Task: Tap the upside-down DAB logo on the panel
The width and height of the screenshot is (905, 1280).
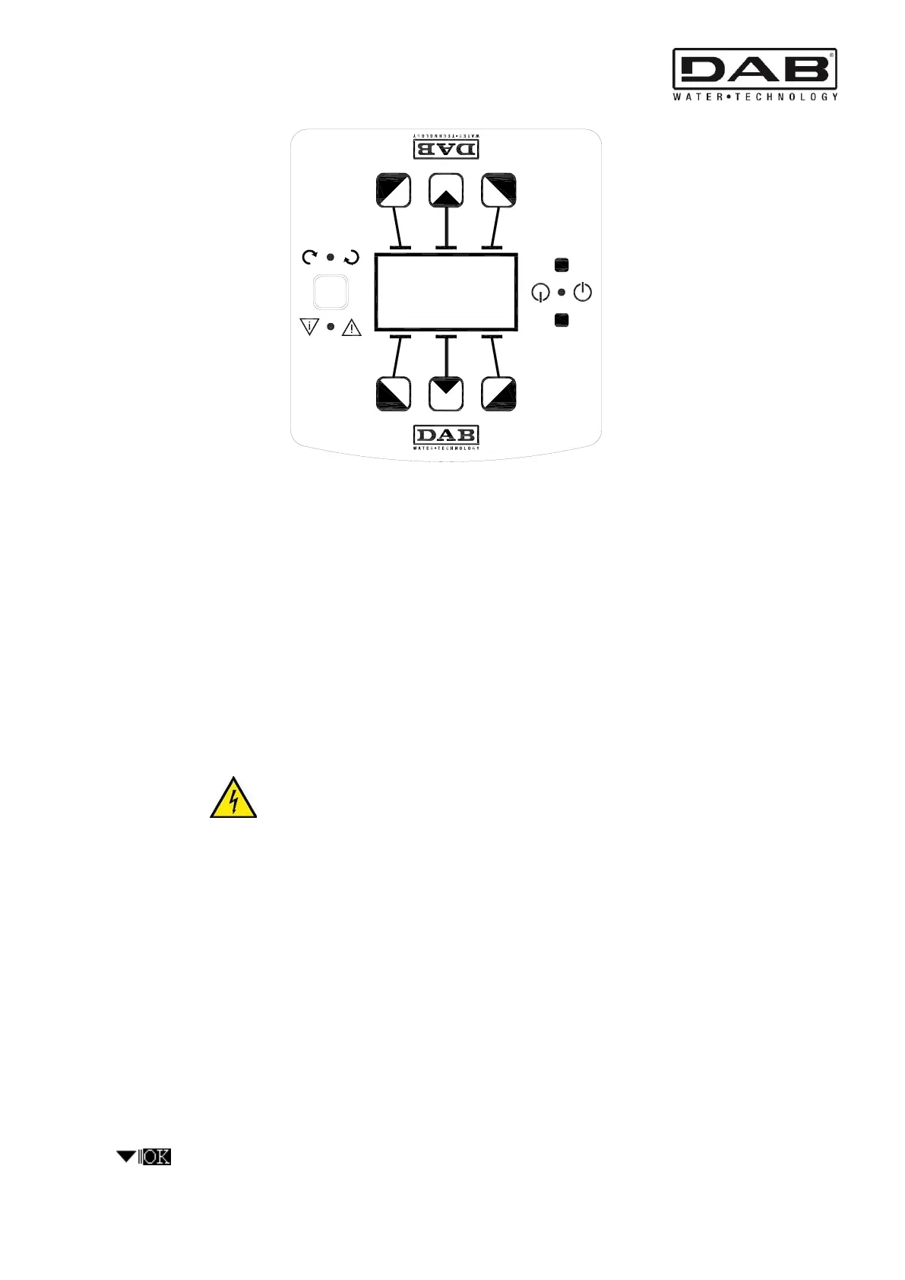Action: (x=446, y=147)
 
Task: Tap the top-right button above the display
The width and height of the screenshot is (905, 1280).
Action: (x=499, y=190)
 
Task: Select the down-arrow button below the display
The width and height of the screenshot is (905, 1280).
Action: (x=446, y=394)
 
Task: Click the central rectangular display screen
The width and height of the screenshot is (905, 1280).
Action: (x=446, y=293)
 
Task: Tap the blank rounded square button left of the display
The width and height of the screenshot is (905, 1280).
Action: (x=331, y=292)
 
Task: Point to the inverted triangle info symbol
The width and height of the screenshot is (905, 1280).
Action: (x=309, y=328)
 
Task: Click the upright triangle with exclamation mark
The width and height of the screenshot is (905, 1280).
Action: (x=352, y=328)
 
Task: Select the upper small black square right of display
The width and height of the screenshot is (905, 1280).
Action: (x=562, y=265)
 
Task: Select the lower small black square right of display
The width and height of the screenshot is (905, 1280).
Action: (x=562, y=320)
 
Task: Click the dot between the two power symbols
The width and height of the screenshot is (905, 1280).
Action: (x=562, y=293)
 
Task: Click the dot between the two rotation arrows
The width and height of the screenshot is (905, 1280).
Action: (x=331, y=258)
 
